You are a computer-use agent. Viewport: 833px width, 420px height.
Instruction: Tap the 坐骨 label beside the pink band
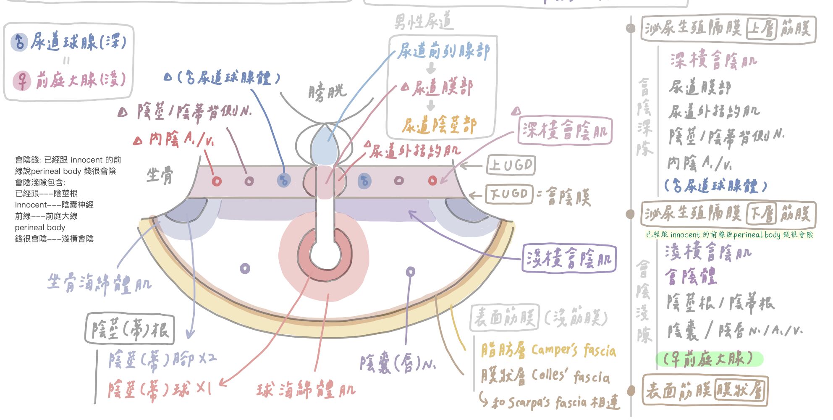(160, 176)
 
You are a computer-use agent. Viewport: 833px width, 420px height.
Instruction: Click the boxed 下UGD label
(509, 194)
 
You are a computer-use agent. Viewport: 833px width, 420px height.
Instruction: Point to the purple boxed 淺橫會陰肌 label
(569, 258)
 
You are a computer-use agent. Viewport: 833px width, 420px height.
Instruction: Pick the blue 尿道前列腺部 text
(443, 52)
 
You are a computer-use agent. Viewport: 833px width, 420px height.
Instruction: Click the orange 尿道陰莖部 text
(439, 125)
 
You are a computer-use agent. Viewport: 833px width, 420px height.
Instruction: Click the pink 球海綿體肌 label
(306, 390)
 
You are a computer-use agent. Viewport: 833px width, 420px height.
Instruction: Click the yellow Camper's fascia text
(574, 350)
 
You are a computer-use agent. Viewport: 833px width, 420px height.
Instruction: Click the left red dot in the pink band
(217, 181)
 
